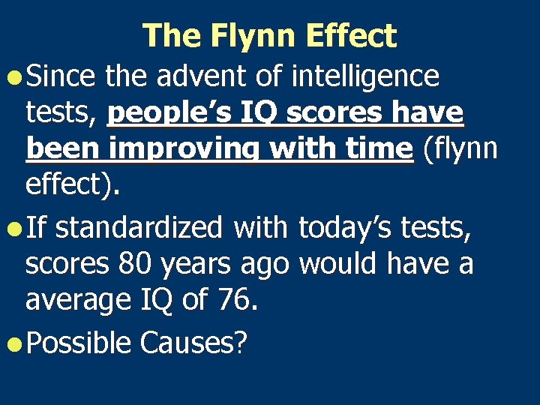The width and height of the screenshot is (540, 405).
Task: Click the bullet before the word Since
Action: click(14, 76)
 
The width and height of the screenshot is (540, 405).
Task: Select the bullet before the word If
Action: click(14, 227)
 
